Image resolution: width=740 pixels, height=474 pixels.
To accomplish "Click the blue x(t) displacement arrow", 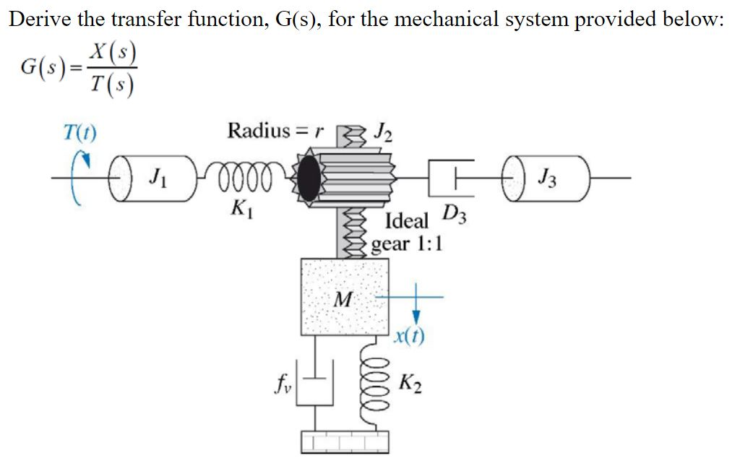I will [416, 307].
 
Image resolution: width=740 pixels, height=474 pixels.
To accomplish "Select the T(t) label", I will [81, 134].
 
